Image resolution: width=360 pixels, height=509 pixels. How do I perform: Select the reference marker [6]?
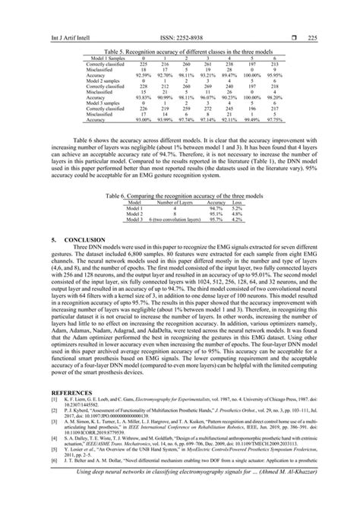pos(52,482)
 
